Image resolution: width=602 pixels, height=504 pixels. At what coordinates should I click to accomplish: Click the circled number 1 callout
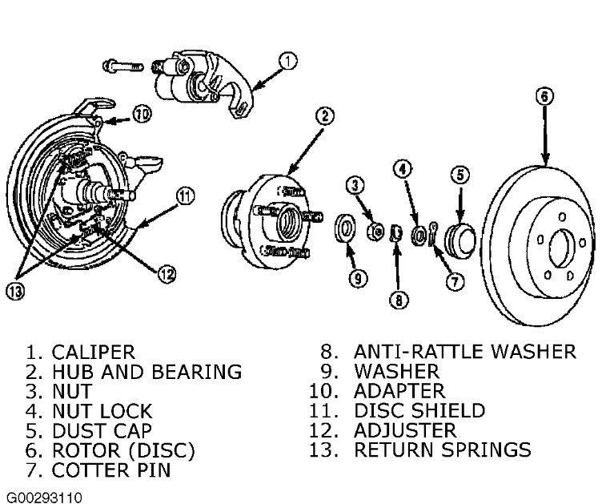pos(287,60)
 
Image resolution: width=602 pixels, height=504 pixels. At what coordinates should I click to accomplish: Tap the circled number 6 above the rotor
pos(544,97)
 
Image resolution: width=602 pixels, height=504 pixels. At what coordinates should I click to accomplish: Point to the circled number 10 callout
pos(141,115)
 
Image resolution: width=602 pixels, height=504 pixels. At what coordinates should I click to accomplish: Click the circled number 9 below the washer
pos(356,278)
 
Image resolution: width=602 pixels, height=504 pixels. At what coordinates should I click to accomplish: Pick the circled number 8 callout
pos(399,300)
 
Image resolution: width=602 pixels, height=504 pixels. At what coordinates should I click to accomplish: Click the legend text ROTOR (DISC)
pos(123,450)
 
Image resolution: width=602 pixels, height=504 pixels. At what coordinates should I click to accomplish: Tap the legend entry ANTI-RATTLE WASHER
pos(465,352)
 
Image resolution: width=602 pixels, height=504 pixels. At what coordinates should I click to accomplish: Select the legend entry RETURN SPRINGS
pos(443,450)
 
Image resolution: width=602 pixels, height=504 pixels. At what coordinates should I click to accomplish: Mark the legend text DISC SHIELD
pos(419,411)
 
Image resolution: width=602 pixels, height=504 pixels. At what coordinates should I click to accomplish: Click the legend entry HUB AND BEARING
pos(146,372)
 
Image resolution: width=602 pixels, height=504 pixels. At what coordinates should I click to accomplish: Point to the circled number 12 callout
pos(166,274)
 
